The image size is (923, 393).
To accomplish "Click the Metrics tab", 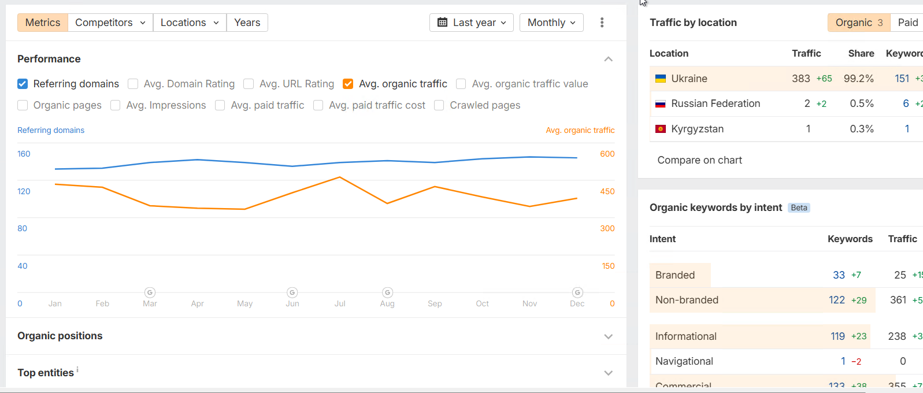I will (43, 23).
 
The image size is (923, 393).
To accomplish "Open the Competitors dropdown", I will (110, 23).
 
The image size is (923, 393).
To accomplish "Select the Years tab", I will (247, 23).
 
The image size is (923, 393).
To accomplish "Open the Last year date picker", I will (472, 23).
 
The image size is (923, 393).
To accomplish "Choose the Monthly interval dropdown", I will (551, 23).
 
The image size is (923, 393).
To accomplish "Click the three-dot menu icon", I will (602, 23).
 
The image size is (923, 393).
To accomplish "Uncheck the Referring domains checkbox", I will (23, 84).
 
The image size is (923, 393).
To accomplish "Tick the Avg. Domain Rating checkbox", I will (133, 84).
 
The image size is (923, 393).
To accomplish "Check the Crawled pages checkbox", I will (439, 105).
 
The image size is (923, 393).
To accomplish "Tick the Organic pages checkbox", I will (23, 105).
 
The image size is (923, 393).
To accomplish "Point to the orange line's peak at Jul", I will (340, 177).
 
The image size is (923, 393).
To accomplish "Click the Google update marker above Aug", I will (388, 292).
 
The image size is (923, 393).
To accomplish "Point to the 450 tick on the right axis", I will (607, 191).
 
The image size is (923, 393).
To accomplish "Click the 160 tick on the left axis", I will (24, 154).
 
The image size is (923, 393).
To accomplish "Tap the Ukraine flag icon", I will (661, 79).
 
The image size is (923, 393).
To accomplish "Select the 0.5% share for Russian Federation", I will (861, 103).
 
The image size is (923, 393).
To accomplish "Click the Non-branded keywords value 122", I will (836, 300).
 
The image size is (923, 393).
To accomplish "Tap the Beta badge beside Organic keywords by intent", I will (799, 207).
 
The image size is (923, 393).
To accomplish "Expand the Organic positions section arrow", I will (608, 336).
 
